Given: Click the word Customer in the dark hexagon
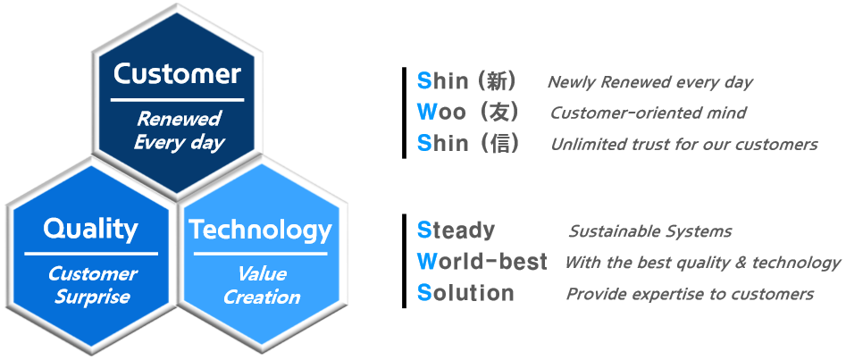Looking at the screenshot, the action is tap(177, 74).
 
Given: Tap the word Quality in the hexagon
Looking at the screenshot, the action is tap(90, 229).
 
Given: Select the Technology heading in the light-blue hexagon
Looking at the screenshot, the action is tap(260, 230).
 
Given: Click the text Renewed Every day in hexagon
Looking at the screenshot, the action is tap(179, 130).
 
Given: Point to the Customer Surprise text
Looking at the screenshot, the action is tap(92, 284).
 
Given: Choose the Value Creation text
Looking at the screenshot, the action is tap(262, 285).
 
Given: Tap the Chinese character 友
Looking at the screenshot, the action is tap(497, 113).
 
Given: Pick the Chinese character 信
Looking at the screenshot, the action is tap(497, 143).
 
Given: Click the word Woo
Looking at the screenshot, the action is tap(441, 113).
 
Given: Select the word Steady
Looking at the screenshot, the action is tap(456, 231).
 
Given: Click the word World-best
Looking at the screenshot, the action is tap(482, 262).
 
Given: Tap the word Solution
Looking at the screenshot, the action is tap(465, 293).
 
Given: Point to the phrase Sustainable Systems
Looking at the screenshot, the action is tap(650, 231).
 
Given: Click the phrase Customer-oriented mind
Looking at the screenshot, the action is tap(648, 113).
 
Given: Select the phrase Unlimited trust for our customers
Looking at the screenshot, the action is tap(684, 144).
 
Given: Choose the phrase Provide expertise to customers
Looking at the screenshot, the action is tap(690, 294).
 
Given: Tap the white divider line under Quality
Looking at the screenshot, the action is tap(91, 253).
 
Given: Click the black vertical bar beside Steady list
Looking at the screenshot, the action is tap(404, 261).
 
